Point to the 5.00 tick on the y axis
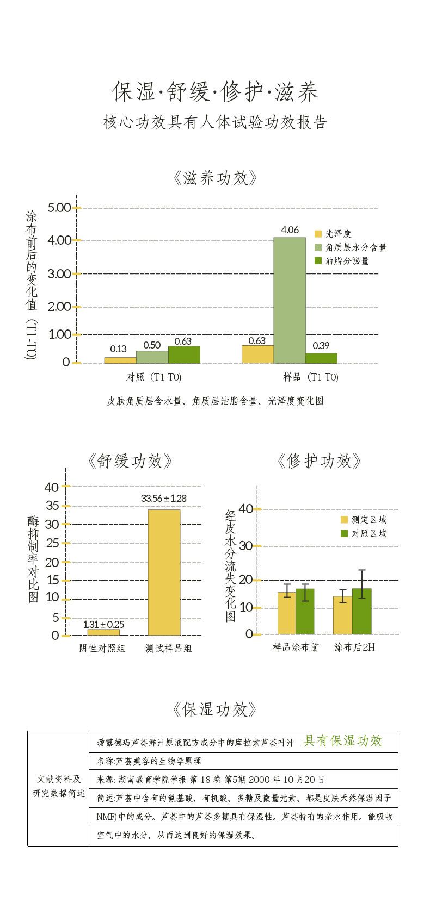pyautogui.click(x=60, y=208)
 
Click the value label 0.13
pyautogui.click(x=118, y=349)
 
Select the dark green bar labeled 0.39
pyautogui.click(x=321, y=358)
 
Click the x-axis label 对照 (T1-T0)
pyautogui.click(x=153, y=377)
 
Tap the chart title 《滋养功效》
pyautogui.click(x=215, y=178)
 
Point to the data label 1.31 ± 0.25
pyautogui.click(x=103, y=624)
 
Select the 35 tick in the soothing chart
pyautogui.click(x=52, y=506)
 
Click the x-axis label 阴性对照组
pyautogui.click(x=102, y=648)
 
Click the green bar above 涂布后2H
pyautogui.click(x=362, y=611)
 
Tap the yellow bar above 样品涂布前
pyautogui.click(x=286, y=613)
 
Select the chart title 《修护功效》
pyautogui.click(x=319, y=461)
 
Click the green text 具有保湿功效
pyautogui.click(x=343, y=740)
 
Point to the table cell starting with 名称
pyautogui.click(x=149, y=761)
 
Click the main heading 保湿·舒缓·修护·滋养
pyautogui.click(x=215, y=91)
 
